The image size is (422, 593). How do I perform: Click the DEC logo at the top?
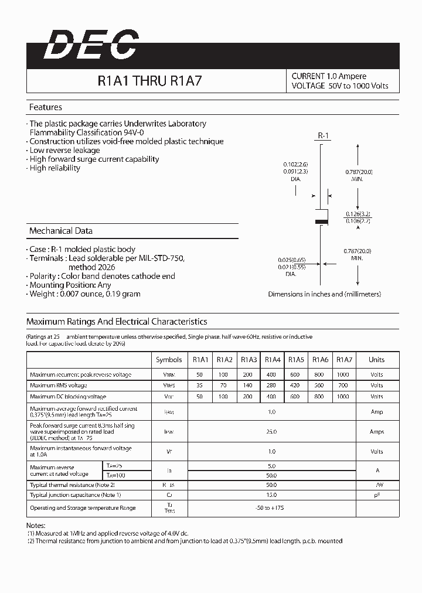click(x=91, y=46)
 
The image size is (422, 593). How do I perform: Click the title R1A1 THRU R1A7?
click(x=150, y=81)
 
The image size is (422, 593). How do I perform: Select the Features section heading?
click(x=45, y=107)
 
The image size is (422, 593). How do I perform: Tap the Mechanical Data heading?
click(x=60, y=231)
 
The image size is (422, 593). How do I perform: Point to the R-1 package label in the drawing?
click(x=324, y=136)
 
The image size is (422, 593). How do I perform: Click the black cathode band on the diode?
click(x=321, y=221)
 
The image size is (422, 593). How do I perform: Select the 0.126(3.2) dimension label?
click(x=358, y=214)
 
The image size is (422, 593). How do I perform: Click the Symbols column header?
click(x=169, y=360)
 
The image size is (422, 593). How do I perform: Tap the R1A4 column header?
click(x=273, y=360)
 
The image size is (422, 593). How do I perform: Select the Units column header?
click(x=376, y=360)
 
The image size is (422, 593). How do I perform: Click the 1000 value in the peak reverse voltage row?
click(x=344, y=374)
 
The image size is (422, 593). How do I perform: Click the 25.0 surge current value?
click(x=272, y=431)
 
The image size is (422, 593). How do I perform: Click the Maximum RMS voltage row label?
click(x=59, y=386)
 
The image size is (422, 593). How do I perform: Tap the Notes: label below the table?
click(x=36, y=526)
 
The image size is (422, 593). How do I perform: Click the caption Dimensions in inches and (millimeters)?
click(x=324, y=294)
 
